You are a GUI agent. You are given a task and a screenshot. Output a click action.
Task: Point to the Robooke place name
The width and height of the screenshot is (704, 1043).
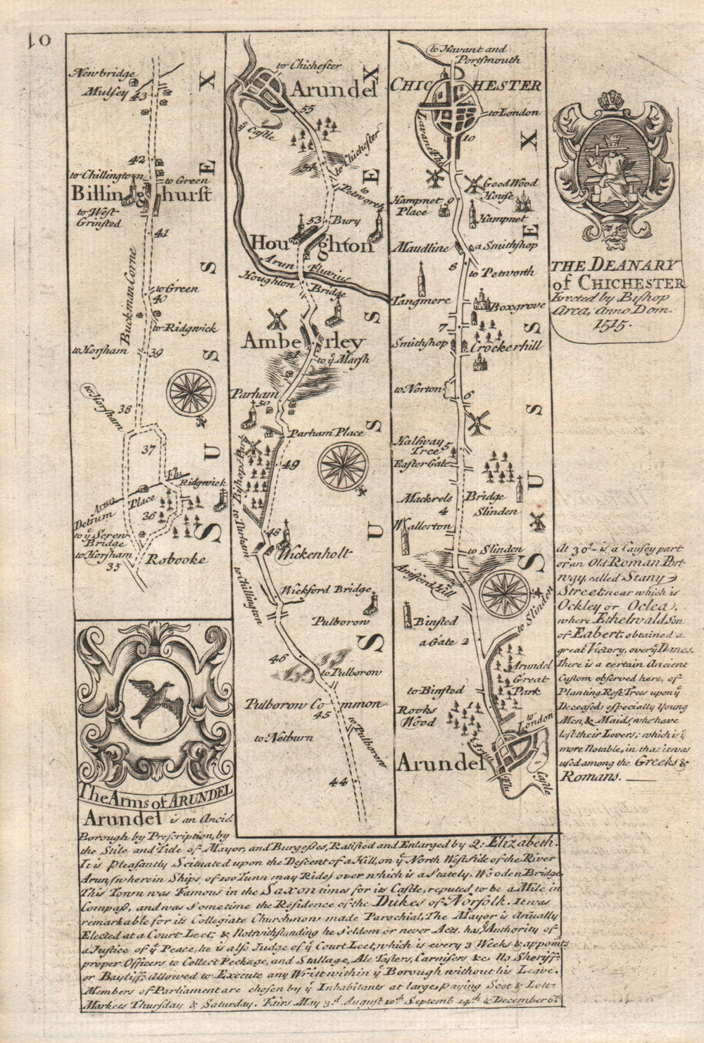tap(176, 559)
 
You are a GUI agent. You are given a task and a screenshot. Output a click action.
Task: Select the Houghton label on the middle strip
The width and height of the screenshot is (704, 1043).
tap(310, 246)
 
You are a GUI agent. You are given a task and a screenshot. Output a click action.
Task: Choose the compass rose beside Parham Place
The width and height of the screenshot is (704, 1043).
tap(343, 466)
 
